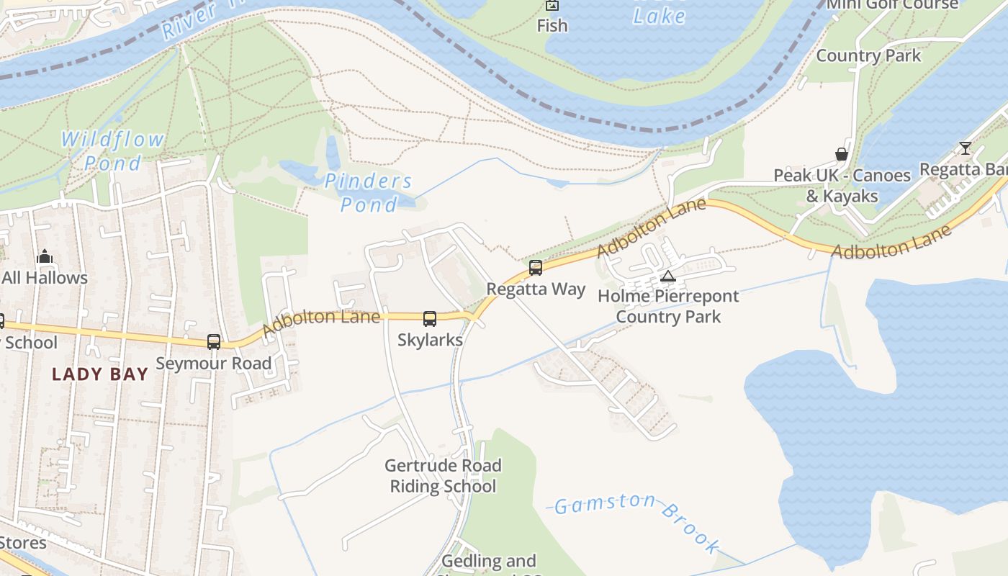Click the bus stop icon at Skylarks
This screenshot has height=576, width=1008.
430,318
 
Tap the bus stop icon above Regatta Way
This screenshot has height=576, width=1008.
535,268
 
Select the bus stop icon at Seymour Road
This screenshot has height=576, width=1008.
214,342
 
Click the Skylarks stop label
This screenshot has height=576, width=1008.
430,340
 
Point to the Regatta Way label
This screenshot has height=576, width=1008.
536,289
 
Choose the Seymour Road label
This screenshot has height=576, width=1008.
214,364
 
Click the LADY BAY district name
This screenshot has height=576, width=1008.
100,374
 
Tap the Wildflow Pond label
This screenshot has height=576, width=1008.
112,151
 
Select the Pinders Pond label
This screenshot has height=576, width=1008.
368,193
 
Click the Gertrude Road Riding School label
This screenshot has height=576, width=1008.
443,476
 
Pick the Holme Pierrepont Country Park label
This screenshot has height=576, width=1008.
668,306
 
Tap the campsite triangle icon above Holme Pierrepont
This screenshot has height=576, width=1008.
668,276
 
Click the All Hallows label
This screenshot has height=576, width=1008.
45,278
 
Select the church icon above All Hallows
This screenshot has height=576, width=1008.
45,256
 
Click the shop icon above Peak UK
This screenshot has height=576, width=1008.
841,154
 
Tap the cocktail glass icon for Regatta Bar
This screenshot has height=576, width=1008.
965,148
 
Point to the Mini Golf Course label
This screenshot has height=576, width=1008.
893,5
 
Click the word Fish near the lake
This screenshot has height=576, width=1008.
552,26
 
